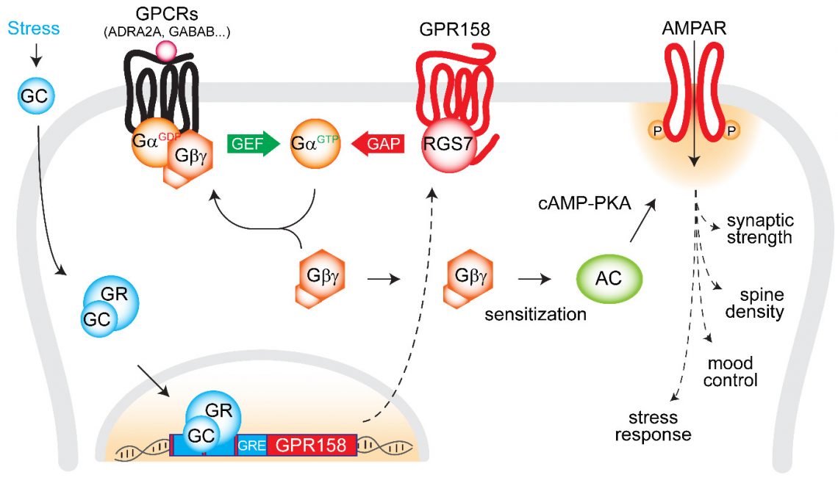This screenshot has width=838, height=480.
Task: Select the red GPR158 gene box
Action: [x=310, y=446]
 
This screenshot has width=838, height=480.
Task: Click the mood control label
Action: [x=732, y=372]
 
